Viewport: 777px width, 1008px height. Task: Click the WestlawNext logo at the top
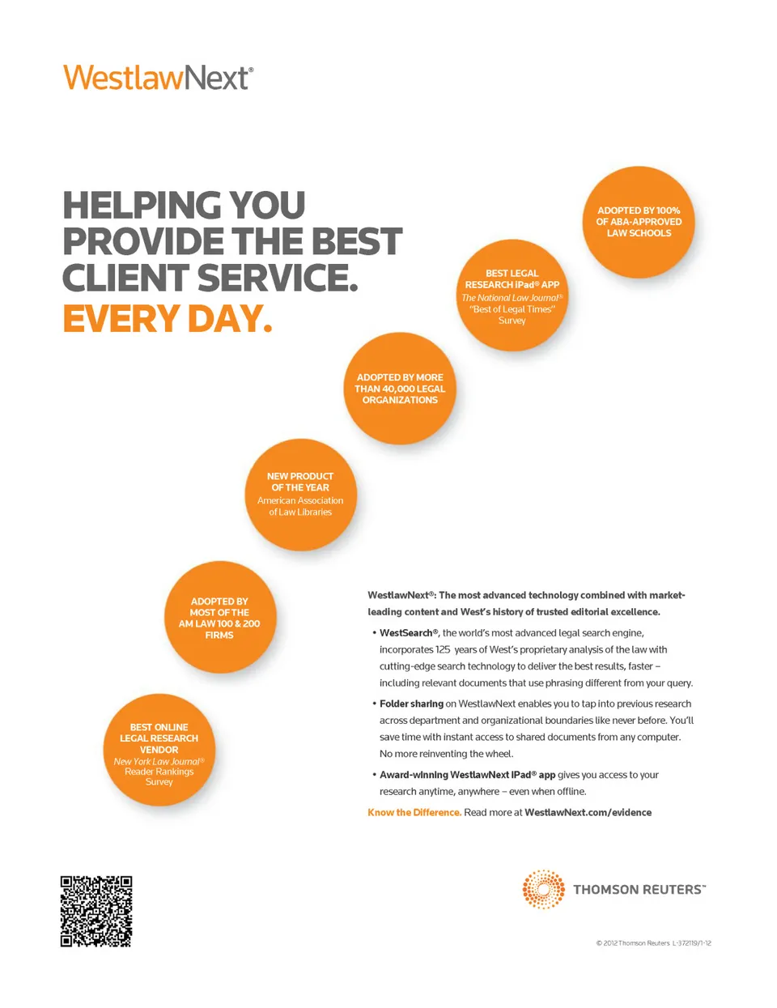point(159,78)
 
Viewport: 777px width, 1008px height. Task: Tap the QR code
point(96,911)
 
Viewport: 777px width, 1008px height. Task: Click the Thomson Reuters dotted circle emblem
point(543,889)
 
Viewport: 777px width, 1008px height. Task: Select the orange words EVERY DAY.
point(168,318)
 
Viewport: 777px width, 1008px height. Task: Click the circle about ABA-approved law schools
point(639,222)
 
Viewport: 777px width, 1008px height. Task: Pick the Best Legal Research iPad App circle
point(512,296)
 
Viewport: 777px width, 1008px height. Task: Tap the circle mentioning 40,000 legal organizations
point(400,389)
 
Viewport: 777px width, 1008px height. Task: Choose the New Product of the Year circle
point(300,495)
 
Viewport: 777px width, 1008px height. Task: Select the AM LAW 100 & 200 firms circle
point(219,618)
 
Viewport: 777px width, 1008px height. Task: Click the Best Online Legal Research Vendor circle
point(159,751)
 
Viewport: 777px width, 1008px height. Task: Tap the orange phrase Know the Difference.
point(414,812)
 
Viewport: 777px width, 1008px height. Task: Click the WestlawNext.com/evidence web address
point(588,812)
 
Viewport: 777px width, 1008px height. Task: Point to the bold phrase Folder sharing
point(411,704)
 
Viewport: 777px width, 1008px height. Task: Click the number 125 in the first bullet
point(443,649)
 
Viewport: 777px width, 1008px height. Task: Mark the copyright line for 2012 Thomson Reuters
point(654,943)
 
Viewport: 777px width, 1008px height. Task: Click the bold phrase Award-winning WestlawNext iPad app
point(467,775)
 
